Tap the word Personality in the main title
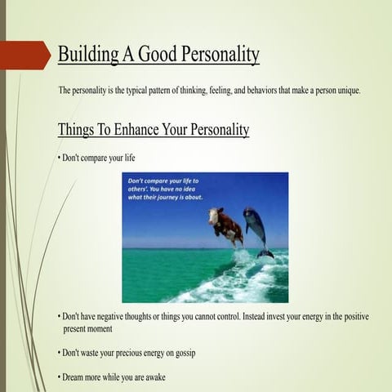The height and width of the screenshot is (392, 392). point(216,55)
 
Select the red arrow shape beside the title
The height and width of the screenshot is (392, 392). point(24,55)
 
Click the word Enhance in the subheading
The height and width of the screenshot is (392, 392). point(140,130)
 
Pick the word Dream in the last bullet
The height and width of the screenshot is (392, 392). point(73,377)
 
